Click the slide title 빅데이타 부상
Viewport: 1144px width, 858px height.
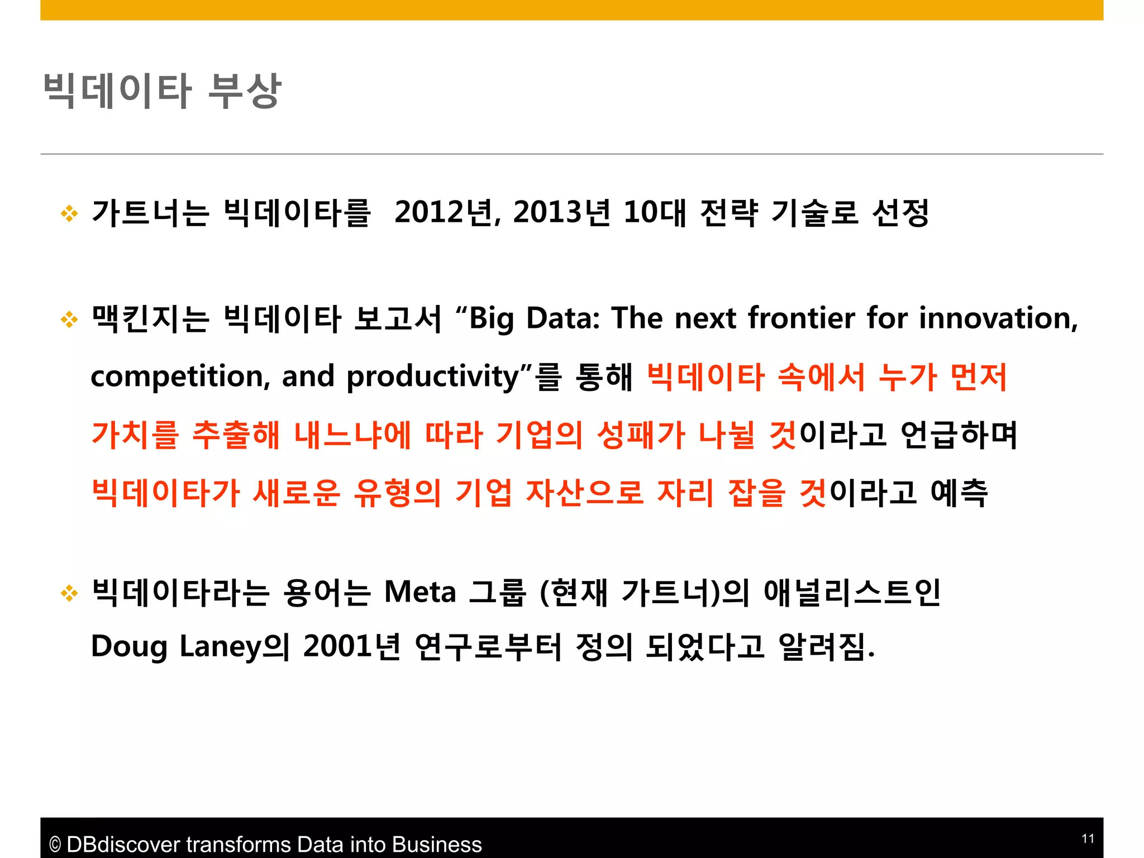tap(162, 90)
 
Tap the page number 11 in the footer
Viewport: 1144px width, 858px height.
tap(1088, 838)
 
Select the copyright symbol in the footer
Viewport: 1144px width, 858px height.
tap(55, 845)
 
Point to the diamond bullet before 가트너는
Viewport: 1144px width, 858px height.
tap(69, 213)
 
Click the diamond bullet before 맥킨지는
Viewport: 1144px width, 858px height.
tap(69, 319)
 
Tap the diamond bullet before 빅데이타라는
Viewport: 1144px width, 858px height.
tap(69, 593)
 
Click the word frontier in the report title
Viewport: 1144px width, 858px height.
tap(801, 318)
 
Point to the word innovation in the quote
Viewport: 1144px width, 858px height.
tap(998, 318)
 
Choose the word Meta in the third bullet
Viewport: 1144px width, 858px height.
tap(420, 592)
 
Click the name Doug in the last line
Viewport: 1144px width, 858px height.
tap(129, 647)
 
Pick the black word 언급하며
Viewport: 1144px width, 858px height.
tap(959, 435)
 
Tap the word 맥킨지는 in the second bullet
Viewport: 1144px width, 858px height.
tap(150, 319)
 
